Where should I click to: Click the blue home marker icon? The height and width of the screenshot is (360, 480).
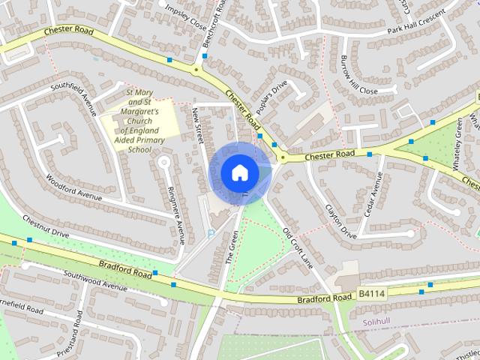click(239, 172)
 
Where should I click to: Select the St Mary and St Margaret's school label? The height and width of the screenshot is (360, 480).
click(139, 118)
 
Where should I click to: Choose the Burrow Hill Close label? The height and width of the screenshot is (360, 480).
click(358, 74)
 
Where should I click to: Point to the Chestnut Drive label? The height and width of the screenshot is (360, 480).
click(45, 227)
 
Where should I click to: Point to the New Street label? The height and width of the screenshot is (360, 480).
click(199, 122)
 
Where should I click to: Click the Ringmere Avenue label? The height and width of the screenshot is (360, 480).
click(176, 215)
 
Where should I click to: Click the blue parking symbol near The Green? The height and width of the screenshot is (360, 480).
click(210, 234)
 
